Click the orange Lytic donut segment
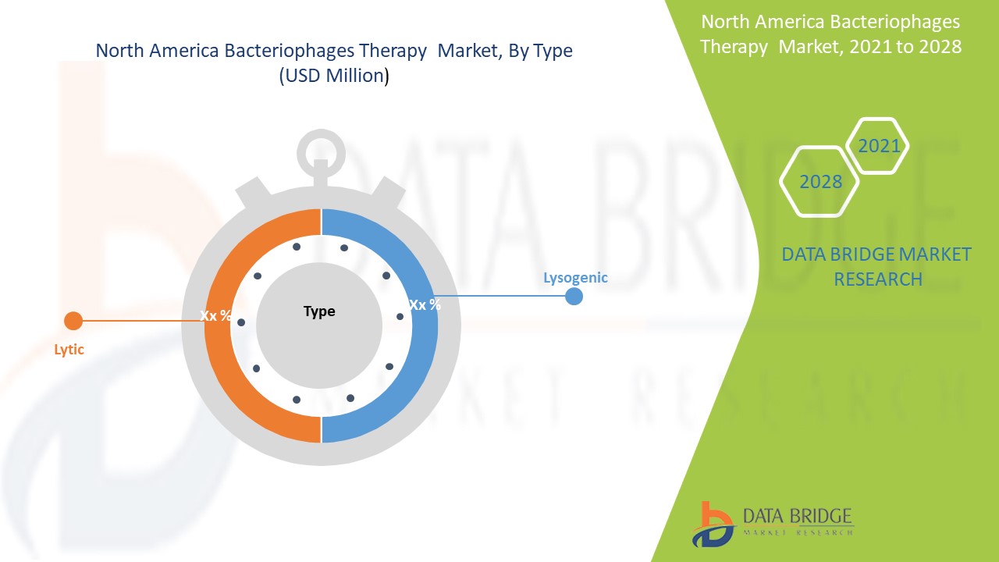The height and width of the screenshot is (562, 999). pyautogui.click(x=219, y=357)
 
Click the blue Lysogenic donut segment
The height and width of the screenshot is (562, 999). pyautogui.click(x=424, y=357)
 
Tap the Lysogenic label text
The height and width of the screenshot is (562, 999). pyautogui.click(x=575, y=278)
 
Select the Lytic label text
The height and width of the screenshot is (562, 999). pyautogui.click(x=69, y=349)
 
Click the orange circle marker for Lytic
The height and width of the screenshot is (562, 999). pyautogui.click(x=73, y=321)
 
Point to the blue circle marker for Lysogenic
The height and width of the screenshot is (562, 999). pyautogui.click(x=574, y=296)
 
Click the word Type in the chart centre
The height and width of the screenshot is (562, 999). pyautogui.click(x=319, y=311)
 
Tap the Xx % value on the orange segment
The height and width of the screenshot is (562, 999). pyautogui.click(x=215, y=316)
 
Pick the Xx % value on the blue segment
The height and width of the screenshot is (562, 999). pyautogui.click(x=425, y=305)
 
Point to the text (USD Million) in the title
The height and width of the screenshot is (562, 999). pyautogui.click(x=334, y=76)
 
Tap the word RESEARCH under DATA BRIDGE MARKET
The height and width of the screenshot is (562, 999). pyautogui.click(x=878, y=279)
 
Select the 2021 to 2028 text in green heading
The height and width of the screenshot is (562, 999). pyautogui.click(x=905, y=47)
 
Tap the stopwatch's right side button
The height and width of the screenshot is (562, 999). pyautogui.click(x=388, y=193)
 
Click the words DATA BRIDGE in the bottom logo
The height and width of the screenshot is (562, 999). pyautogui.click(x=797, y=516)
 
